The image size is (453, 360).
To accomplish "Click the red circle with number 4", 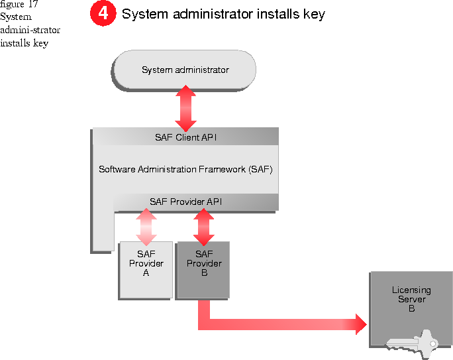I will [103, 13].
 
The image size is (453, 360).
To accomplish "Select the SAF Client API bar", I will [185, 137].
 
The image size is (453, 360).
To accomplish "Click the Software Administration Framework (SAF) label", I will [185, 169].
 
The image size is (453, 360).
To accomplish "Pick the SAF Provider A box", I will [146, 269].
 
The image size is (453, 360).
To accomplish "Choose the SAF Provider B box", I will [203, 269].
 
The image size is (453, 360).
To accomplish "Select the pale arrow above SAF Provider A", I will [146, 226].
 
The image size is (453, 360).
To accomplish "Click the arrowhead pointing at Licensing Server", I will [360, 324].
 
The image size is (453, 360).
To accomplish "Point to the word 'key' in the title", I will [313, 14].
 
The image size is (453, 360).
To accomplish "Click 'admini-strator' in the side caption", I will [30, 30].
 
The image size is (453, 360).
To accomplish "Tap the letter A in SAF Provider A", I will [146, 272].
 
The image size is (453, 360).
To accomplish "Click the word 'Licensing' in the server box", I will [411, 290].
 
